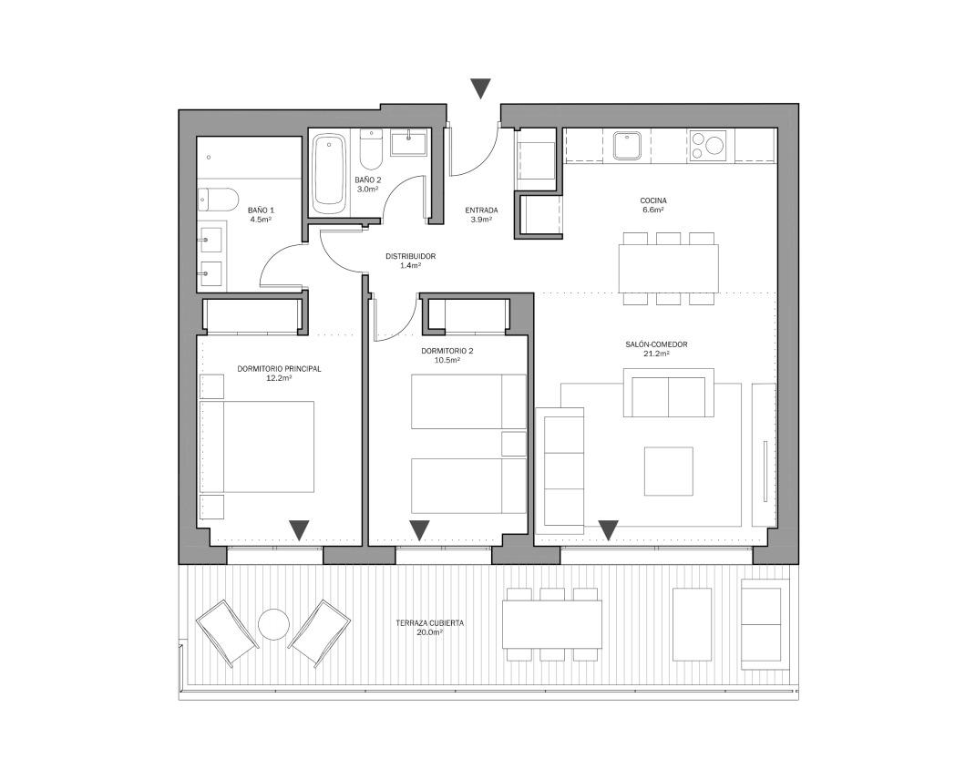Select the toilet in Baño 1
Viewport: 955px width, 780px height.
click(x=217, y=200)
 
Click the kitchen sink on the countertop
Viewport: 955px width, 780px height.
click(x=627, y=146)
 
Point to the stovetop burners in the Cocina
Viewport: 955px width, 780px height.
click(x=708, y=146)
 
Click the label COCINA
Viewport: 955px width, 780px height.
click(x=652, y=200)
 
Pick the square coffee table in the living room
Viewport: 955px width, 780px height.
click(x=669, y=471)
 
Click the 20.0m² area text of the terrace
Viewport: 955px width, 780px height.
click(x=429, y=632)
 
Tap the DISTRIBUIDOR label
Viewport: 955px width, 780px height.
click(x=410, y=256)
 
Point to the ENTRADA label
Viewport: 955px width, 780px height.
click(x=481, y=210)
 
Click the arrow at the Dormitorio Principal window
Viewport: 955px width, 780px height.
click(x=299, y=530)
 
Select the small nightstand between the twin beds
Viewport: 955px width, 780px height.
click(x=513, y=444)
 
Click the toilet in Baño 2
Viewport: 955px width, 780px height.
click(x=370, y=149)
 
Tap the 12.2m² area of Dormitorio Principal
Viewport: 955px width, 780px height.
click(x=279, y=378)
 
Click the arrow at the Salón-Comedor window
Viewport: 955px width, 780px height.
click(x=608, y=530)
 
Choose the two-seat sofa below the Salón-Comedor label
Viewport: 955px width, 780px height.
click(x=669, y=393)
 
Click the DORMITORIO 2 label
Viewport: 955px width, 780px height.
click(x=447, y=352)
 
